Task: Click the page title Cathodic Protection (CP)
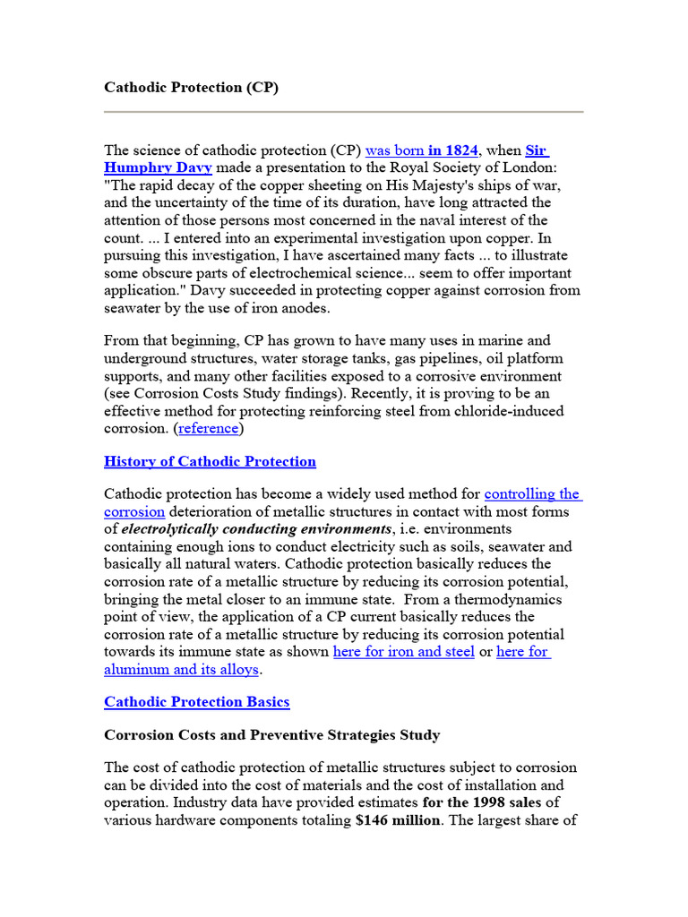(191, 88)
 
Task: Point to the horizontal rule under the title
(343, 112)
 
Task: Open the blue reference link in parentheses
(209, 429)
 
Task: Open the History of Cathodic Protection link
(210, 462)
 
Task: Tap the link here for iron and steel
(403, 652)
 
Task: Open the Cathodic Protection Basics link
(196, 702)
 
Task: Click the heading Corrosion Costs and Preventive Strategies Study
(271, 735)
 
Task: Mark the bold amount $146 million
(397, 820)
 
